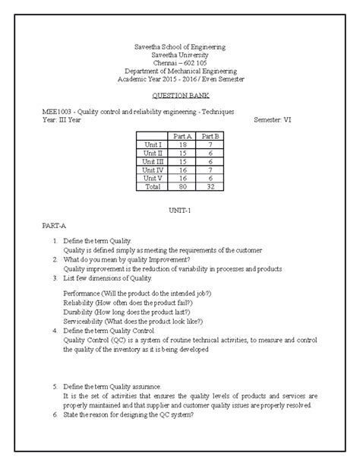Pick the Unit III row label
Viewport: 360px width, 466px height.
click(x=153, y=160)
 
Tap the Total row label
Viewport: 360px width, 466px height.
click(x=153, y=185)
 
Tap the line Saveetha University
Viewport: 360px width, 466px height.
click(x=179, y=55)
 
